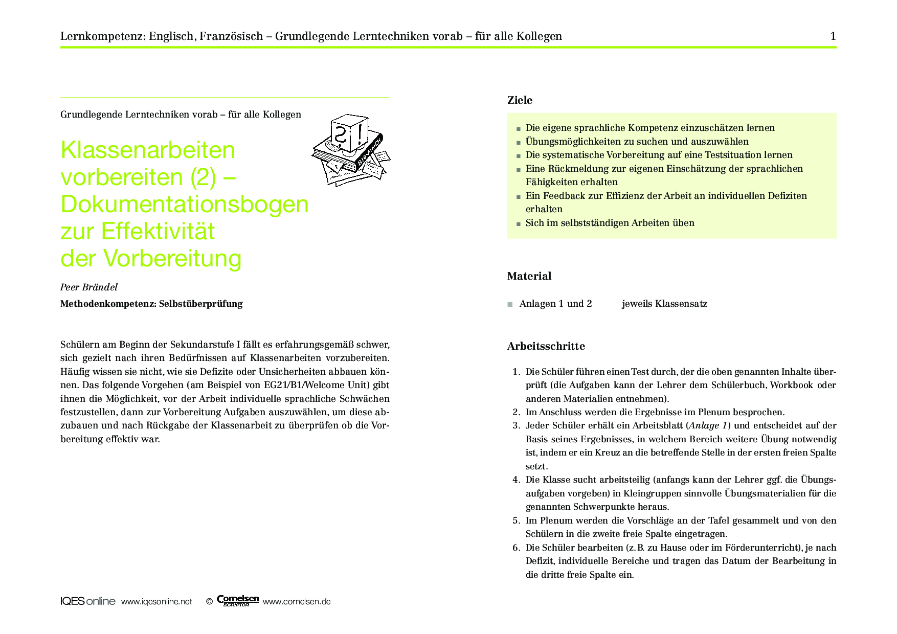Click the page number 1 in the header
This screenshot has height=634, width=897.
(833, 36)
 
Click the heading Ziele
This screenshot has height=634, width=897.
(520, 100)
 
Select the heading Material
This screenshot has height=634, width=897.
(529, 276)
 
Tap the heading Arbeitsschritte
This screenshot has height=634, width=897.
(546, 346)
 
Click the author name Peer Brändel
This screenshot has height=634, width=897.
(89, 287)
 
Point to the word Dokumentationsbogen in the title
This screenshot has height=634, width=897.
(185, 204)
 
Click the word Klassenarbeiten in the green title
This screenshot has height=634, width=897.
(148, 150)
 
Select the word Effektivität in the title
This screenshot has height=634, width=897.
(158, 231)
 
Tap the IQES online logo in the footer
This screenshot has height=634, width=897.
(87, 601)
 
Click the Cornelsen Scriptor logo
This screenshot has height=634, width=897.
(237, 601)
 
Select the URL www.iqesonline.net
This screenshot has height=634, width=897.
(156, 602)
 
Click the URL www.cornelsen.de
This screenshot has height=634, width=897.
(297, 602)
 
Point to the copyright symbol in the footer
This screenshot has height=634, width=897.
(209, 602)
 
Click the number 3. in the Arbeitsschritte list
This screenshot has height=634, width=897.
(516, 425)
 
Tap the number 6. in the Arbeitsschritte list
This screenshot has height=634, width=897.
(516, 548)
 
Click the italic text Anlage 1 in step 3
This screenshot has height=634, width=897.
(708, 425)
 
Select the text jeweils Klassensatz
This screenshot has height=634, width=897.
(664, 304)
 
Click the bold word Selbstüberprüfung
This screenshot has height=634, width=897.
(200, 304)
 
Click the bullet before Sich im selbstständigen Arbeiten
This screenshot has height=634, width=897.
(518, 224)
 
